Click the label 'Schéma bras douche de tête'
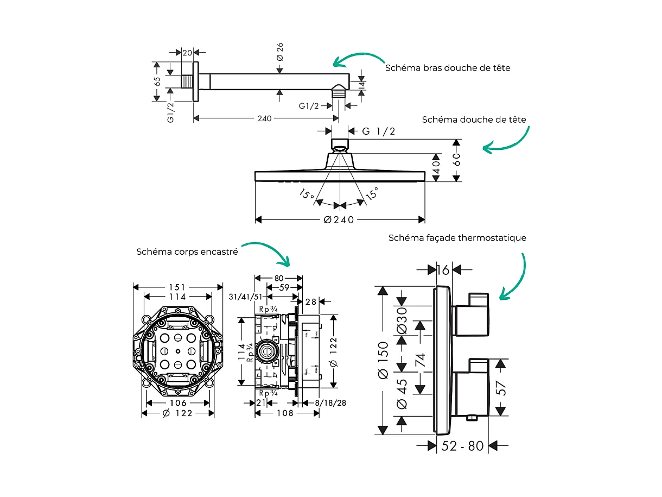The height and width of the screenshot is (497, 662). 448,68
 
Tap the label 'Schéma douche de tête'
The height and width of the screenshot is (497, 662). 474,119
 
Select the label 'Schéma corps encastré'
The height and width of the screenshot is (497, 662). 187,252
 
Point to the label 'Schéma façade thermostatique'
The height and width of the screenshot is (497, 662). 457,238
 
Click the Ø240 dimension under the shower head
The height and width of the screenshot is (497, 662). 339,220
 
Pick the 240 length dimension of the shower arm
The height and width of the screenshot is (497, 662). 265,118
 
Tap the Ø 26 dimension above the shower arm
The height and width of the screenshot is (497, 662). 280,51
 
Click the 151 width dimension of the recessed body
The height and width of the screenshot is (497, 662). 177,287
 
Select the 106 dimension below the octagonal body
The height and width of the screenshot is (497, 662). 178,403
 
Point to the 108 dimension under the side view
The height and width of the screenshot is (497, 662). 284,413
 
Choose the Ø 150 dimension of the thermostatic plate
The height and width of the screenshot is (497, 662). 383,360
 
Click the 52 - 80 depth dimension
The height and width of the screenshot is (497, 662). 462,446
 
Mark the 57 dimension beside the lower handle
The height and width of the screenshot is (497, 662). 501,387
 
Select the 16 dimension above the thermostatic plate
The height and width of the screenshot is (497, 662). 443,269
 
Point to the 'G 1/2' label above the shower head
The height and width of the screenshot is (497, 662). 379,131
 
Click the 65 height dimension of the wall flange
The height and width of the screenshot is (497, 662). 157,81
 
